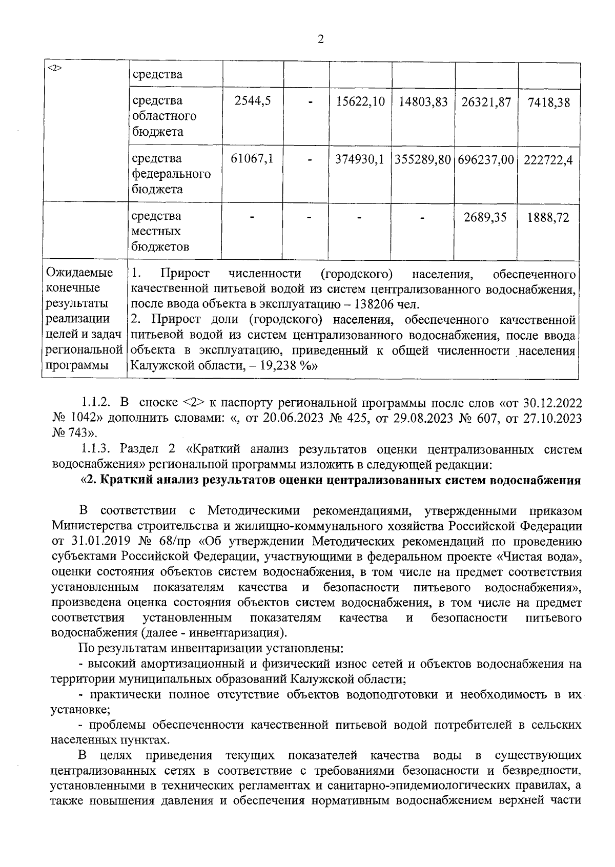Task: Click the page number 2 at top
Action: click(321, 39)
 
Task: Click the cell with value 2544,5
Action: click(252, 101)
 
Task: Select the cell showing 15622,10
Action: click(360, 101)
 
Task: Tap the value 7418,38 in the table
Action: click(549, 102)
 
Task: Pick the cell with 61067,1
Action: click(252, 159)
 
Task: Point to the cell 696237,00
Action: click(486, 159)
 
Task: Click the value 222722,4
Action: click(549, 159)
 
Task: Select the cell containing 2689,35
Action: click(485, 217)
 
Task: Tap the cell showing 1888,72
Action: click(549, 217)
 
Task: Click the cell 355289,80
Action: click(423, 159)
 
